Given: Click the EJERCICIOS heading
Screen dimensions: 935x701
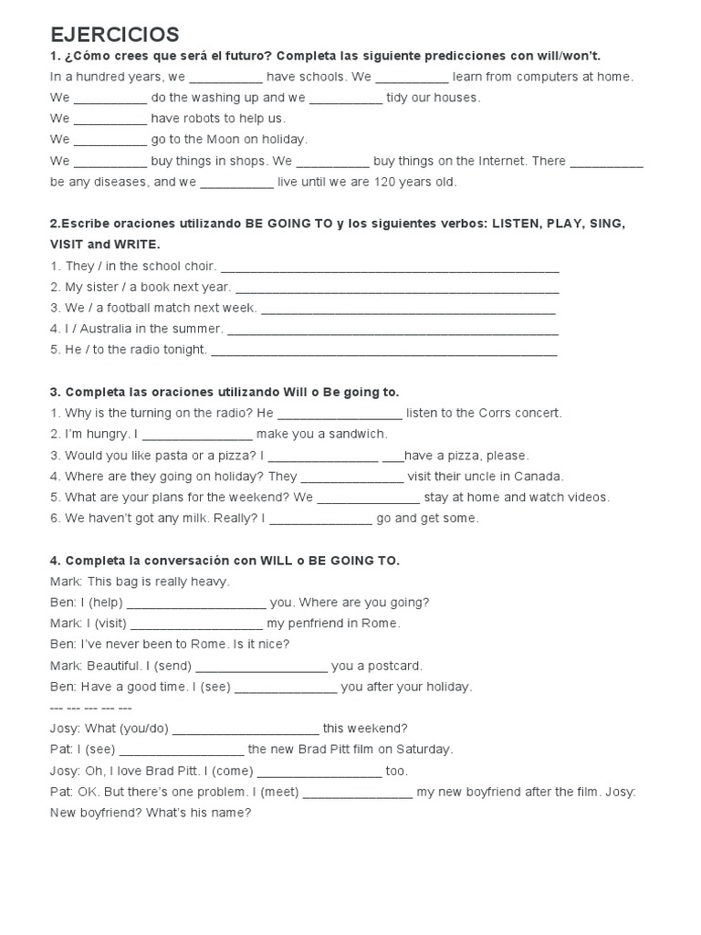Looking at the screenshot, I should pyautogui.click(x=115, y=35).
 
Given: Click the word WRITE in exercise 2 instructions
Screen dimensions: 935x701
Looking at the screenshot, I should pyautogui.click(x=136, y=245).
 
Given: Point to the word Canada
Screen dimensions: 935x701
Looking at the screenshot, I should pyautogui.click(x=541, y=476).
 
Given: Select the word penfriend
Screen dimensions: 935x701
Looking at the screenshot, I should pyautogui.click(x=319, y=624).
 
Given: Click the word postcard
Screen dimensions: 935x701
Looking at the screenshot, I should pyautogui.click(x=393, y=666).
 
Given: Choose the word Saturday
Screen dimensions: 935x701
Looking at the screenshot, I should pyautogui.click(x=422, y=750).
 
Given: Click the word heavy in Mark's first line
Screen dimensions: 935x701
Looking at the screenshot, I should pyautogui.click(x=211, y=582).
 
